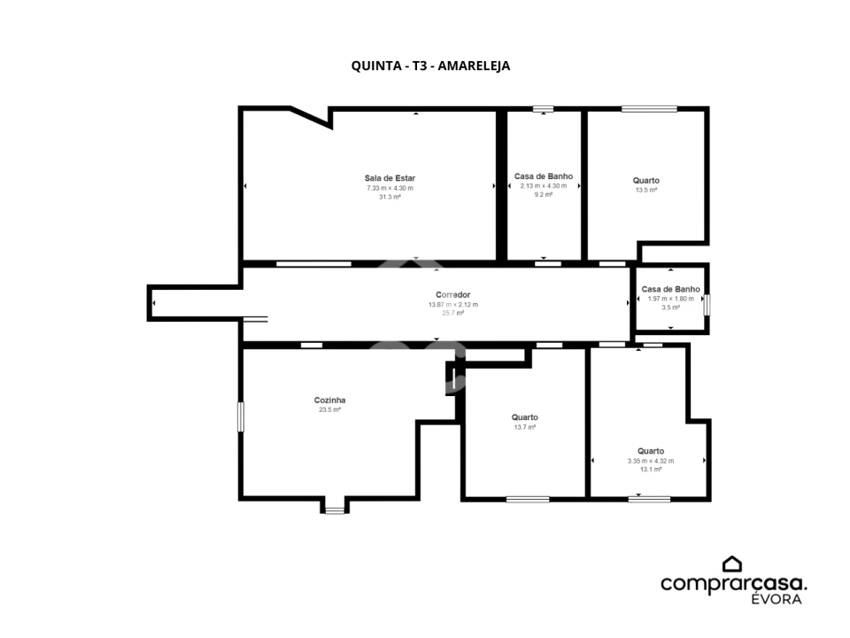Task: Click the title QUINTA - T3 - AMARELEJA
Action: click(430, 66)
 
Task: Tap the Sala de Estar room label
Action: click(390, 178)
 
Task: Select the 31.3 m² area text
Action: click(390, 198)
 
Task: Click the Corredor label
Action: click(452, 294)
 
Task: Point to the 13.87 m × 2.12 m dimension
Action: click(452, 304)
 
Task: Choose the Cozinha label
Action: click(329, 400)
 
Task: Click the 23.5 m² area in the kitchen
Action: click(329, 410)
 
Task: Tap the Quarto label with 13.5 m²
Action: click(645, 181)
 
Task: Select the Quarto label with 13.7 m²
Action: click(524, 417)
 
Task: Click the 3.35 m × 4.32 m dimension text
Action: click(650, 461)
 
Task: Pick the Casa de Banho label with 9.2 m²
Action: click(543, 176)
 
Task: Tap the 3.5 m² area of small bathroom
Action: click(670, 307)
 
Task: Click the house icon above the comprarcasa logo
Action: click(731, 564)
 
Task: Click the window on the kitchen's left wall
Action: click(240, 417)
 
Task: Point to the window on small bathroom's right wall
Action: click(707, 305)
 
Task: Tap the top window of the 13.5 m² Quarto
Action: click(648, 109)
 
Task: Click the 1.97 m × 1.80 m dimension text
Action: click(670, 299)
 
